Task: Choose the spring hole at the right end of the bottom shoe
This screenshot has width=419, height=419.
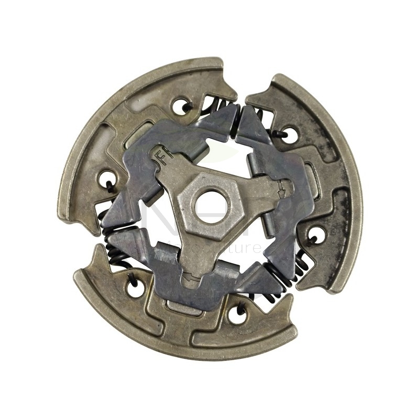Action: pos(237,312)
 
